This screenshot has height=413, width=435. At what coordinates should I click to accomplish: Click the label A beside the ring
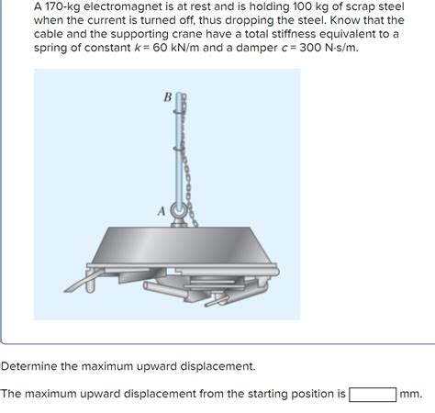click(162, 210)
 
